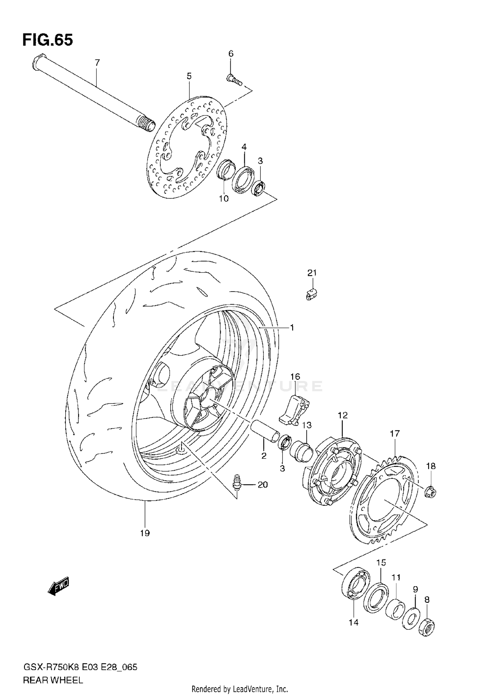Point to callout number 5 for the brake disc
[x=189, y=76]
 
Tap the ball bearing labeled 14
[x=354, y=583]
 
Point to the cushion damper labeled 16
[x=294, y=410]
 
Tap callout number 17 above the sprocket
[x=395, y=434]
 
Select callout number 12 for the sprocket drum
[x=342, y=415]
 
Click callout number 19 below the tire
[x=145, y=533]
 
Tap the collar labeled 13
[x=302, y=451]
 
